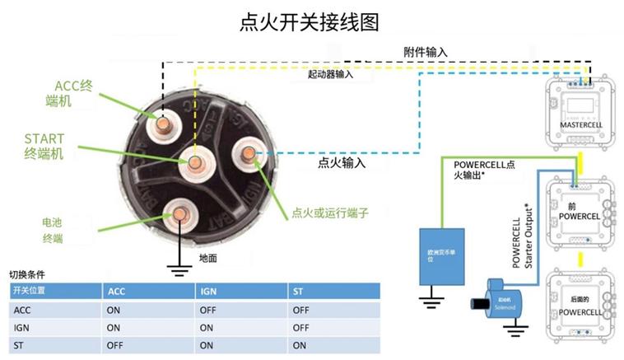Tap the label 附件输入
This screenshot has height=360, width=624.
coord(426,52)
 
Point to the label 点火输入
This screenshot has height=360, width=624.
coord(342,163)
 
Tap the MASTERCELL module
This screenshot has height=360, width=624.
coord(581,111)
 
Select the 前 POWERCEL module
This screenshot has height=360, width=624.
coord(582,209)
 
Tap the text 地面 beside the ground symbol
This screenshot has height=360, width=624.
coord(209,258)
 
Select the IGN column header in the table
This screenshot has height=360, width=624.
coord(208,292)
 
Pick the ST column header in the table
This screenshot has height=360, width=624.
coord(298,292)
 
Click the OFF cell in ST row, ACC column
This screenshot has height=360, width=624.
coord(115,345)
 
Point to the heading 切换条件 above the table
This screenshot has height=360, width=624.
coord(26,274)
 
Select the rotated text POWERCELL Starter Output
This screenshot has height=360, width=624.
coord(524,235)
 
